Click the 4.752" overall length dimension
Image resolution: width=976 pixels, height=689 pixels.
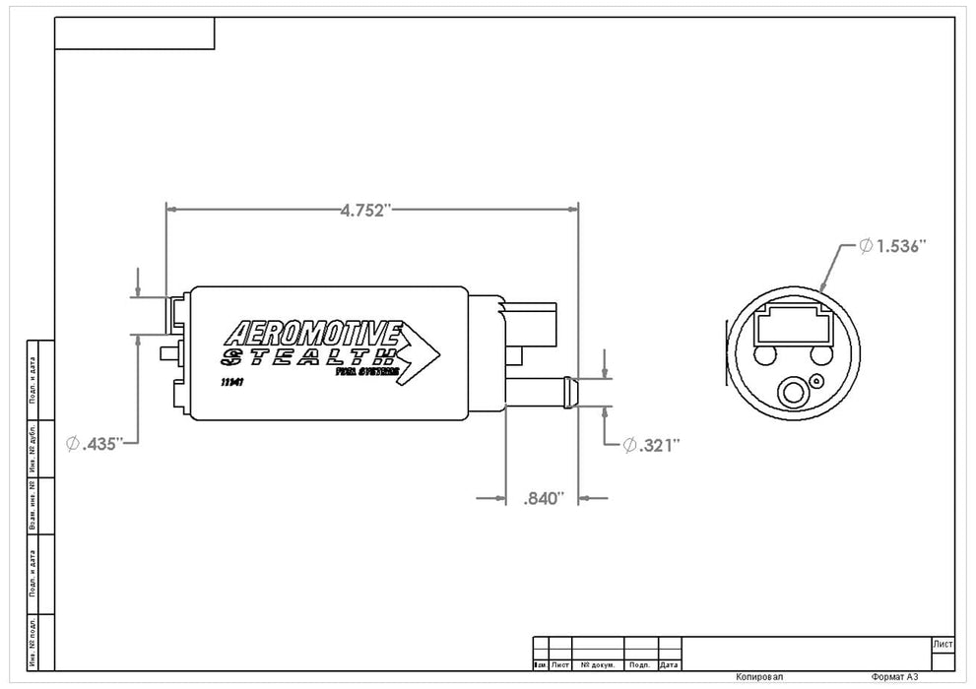[x=366, y=209]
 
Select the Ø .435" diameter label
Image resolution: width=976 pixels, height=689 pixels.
[x=95, y=444]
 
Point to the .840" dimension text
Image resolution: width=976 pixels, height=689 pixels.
[x=542, y=499]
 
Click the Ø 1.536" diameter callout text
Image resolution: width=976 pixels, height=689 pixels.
[x=894, y=246]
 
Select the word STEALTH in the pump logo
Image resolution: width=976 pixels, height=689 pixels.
[x=308, y=356]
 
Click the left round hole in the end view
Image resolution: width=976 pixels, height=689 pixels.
[x=767, y=354]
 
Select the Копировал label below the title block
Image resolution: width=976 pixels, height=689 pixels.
[x=760, y=678]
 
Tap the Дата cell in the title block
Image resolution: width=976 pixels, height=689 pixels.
[x=670, y=665]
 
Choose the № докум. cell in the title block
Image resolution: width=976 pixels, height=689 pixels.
[x=599, y=665]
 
